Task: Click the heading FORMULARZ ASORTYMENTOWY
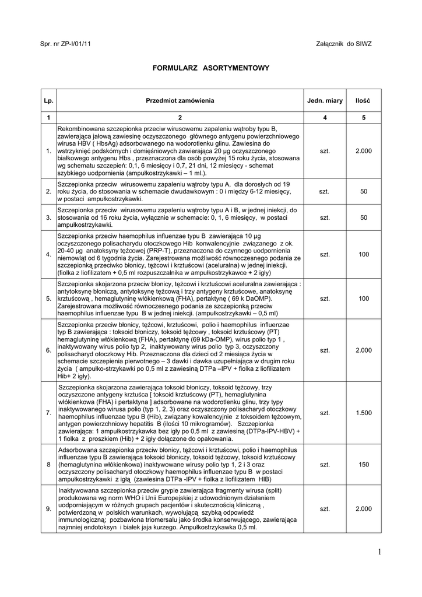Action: [x=211, y=68]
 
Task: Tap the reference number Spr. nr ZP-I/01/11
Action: [x=65, y=44]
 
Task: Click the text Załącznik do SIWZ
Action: [x=343, y=44]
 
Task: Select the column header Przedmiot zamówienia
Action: [x=180, y=101]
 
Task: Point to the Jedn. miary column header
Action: [x=325, y=101]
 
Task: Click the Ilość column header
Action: [x=363, y=101]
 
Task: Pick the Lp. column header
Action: [x=48, y=101]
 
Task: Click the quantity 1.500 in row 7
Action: [x=363, y=413]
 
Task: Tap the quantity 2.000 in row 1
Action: [x=363, y=151]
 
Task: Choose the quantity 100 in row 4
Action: [x=364, y=254]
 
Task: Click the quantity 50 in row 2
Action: [x=364, y=191]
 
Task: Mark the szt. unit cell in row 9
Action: [x=325, y=509]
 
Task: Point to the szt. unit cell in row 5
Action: [x=325, y=298]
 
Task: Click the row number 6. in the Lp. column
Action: [x=48, y=350]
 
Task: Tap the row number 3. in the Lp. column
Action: [x=48, y=217]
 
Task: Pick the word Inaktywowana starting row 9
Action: [x=78, y=490]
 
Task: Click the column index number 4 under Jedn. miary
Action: [x=325, y=117]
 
